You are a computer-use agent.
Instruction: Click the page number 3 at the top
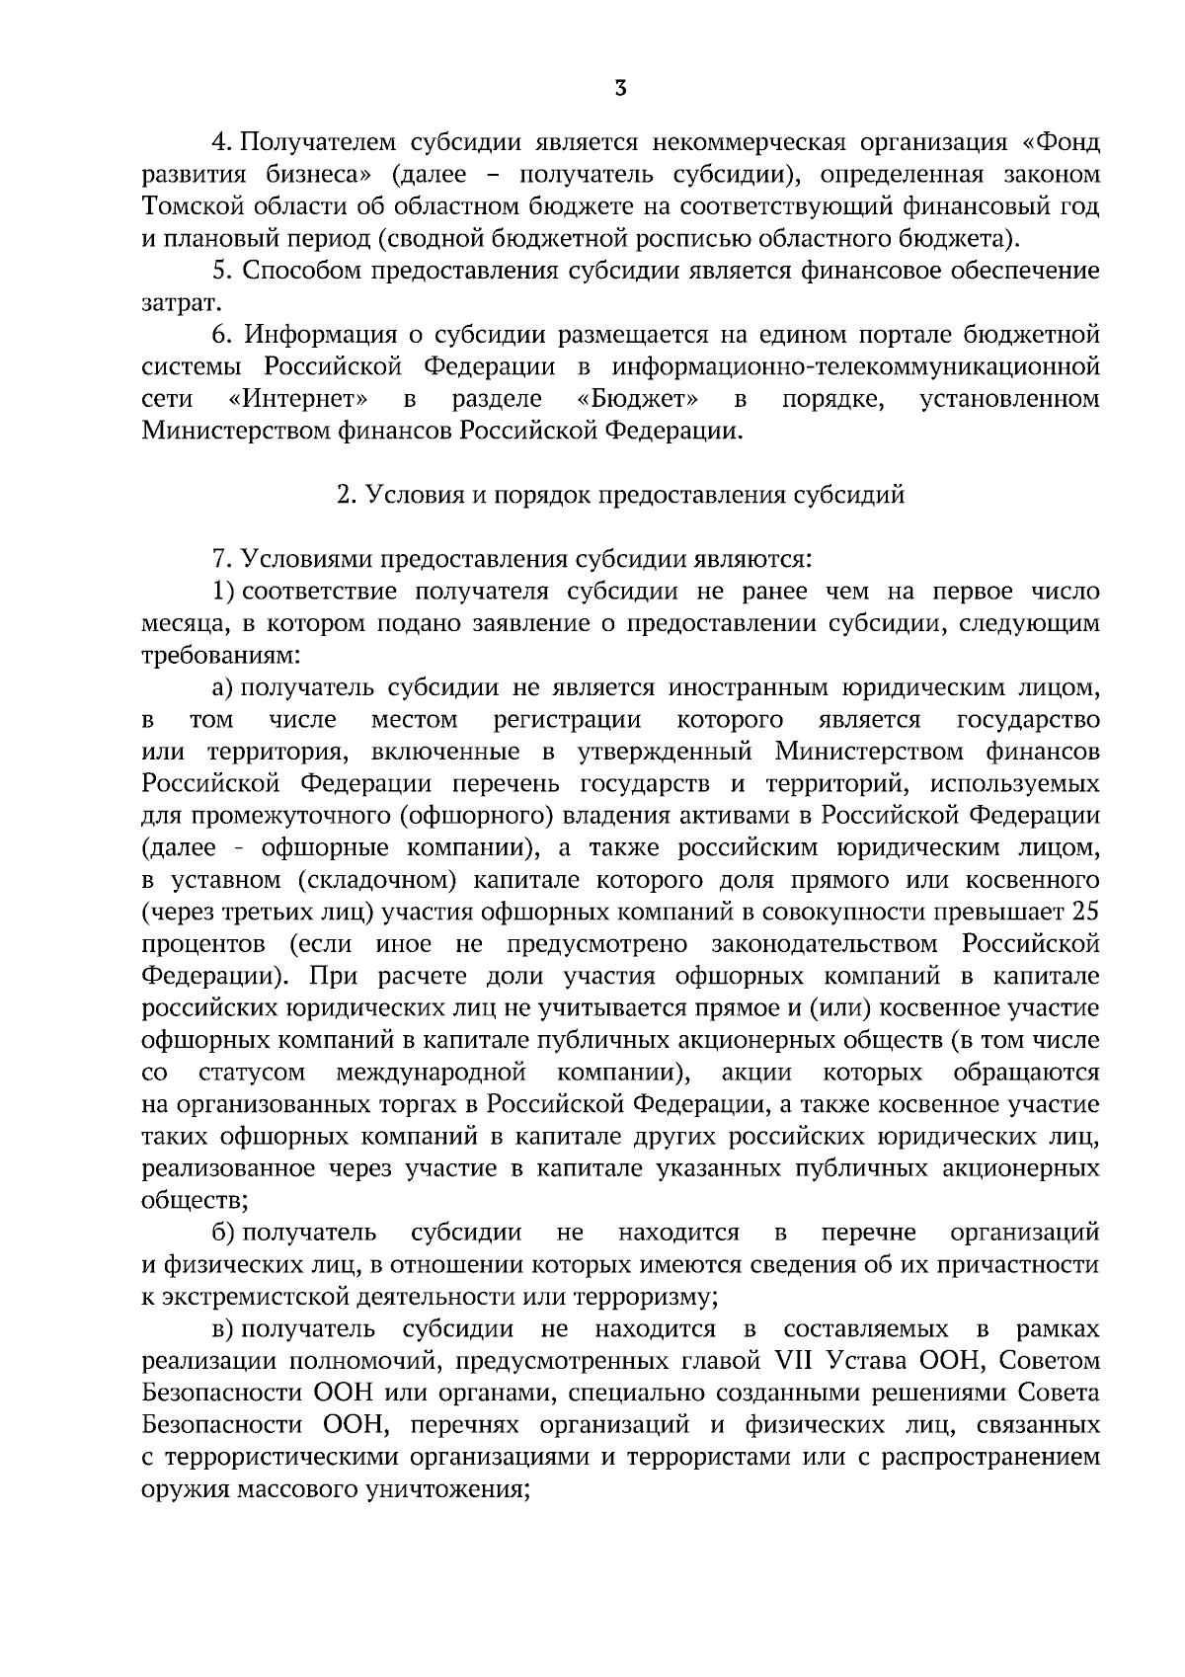point(619,89)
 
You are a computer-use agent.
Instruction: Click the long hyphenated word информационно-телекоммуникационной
point(855,366)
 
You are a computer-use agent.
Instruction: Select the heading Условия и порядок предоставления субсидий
point(620,495)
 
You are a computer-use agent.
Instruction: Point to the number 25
point(1085,912)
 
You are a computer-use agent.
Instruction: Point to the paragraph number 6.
point(218,335)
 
